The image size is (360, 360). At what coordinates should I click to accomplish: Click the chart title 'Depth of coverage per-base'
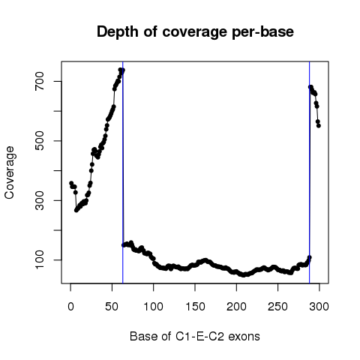[195, 32]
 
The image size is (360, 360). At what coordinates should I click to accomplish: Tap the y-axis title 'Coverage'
[10, 172]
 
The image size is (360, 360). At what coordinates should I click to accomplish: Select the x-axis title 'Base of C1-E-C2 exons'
[195, 336]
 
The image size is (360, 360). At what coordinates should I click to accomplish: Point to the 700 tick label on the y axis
[40, 82]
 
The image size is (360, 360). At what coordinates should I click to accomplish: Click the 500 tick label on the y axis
[40, 141]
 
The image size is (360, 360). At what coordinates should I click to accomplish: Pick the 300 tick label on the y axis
[40, 200]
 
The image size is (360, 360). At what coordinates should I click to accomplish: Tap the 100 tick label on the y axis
[40, 260]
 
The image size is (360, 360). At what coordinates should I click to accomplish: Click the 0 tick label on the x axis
[70, 307]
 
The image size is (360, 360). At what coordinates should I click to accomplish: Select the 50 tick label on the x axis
[112, 307]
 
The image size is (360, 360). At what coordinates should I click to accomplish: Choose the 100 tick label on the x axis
[153, 307]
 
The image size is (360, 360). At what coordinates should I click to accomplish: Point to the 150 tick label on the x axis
[195, 307]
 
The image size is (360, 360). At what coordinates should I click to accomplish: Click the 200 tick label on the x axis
[236, 307]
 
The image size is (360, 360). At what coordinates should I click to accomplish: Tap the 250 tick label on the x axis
[277, 307]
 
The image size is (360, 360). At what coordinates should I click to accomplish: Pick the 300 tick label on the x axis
[319, 307]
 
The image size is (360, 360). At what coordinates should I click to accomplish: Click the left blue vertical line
[123, 172]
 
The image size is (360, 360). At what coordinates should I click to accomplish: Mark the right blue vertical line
[310, 172]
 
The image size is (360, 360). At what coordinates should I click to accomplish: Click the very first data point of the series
[71, 183]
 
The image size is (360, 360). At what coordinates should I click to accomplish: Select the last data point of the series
[319, 125]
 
